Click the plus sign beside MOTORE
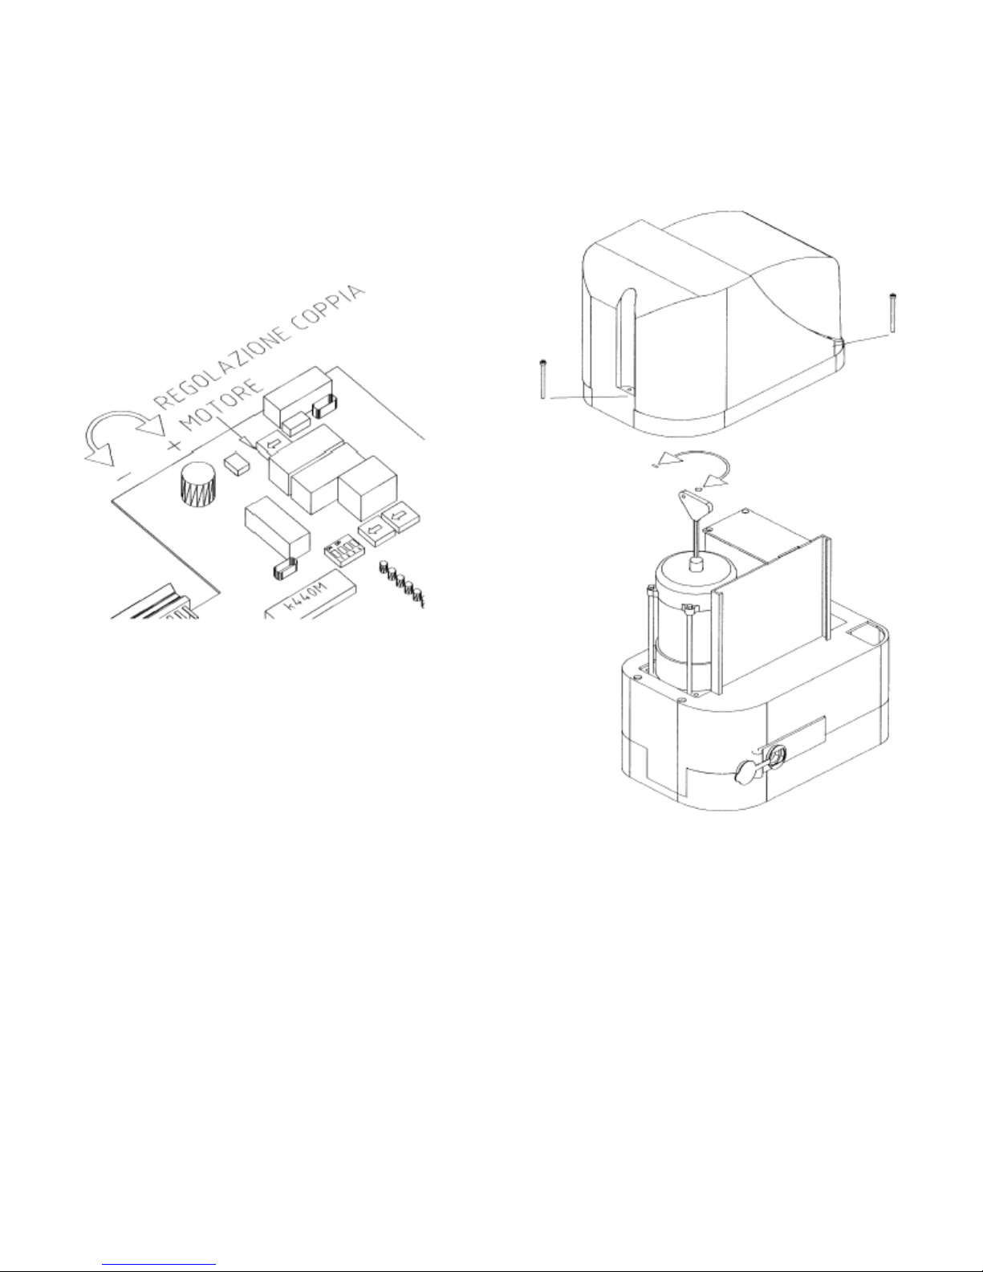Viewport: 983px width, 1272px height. click(x=173, y=445)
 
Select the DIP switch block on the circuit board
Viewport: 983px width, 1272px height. click(x=344, y=551)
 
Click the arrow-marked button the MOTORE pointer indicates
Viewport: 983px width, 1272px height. click(x=272, y=445)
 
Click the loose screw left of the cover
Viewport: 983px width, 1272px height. click(x=543, y=379)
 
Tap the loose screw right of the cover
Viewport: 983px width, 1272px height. click(x=892, y=313)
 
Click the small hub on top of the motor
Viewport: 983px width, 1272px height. click(x=695, y=564)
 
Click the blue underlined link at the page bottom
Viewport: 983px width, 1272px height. click(x=159, y=1265)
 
